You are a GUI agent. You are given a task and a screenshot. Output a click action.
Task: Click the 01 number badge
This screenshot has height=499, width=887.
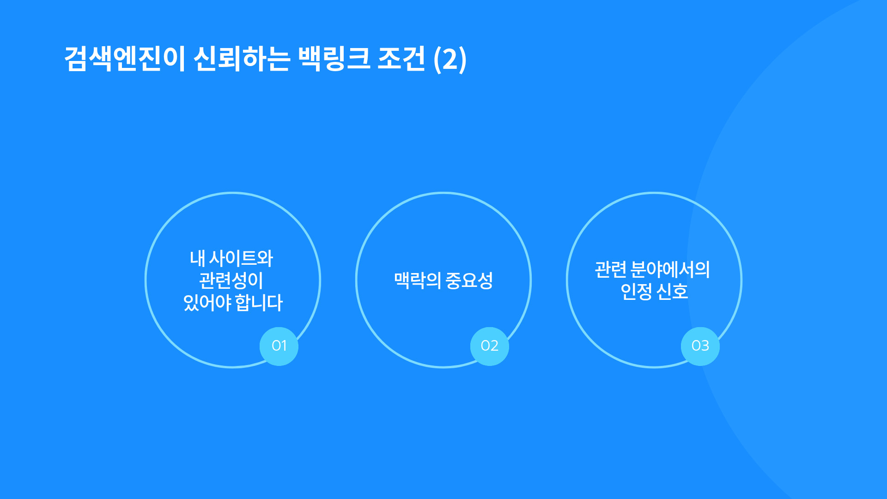point(279,346)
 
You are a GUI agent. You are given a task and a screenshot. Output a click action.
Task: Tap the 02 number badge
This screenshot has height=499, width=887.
point(490,346)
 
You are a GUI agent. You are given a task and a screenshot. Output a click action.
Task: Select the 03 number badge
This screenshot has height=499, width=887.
point(700,346)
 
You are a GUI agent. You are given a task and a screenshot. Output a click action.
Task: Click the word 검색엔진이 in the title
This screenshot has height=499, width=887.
point(125,59)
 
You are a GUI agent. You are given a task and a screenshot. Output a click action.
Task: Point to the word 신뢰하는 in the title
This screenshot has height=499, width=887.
point(242,59)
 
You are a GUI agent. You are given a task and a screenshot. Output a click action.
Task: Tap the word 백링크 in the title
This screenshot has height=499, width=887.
point(334,59)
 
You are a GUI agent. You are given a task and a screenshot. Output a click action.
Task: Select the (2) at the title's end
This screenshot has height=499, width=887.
point(450,60)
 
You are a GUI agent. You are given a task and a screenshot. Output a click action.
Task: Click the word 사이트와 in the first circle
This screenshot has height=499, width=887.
point(241,258)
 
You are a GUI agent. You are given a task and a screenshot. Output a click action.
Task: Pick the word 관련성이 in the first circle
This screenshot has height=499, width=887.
point(231,280)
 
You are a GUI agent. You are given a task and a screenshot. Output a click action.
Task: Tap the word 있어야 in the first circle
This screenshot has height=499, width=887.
point(207,303)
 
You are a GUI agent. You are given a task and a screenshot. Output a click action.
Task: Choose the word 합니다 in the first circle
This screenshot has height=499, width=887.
point(259,303)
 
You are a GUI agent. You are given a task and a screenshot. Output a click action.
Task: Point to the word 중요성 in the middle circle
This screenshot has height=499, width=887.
point(469,280)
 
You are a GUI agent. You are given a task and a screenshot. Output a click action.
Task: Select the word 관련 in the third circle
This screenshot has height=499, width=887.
point(611,269)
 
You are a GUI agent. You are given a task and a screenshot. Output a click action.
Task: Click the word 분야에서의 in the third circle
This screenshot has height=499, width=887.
point(670,269)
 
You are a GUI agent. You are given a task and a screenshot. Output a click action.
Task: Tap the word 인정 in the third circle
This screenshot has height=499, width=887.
point(636,292)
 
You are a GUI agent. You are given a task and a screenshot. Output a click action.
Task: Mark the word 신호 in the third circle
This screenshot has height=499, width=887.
point(672,292)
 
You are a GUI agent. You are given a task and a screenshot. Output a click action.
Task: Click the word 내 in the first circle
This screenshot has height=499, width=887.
point(197,258)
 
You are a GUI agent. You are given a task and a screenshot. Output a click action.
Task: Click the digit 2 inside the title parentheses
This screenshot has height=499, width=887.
point(450,60)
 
